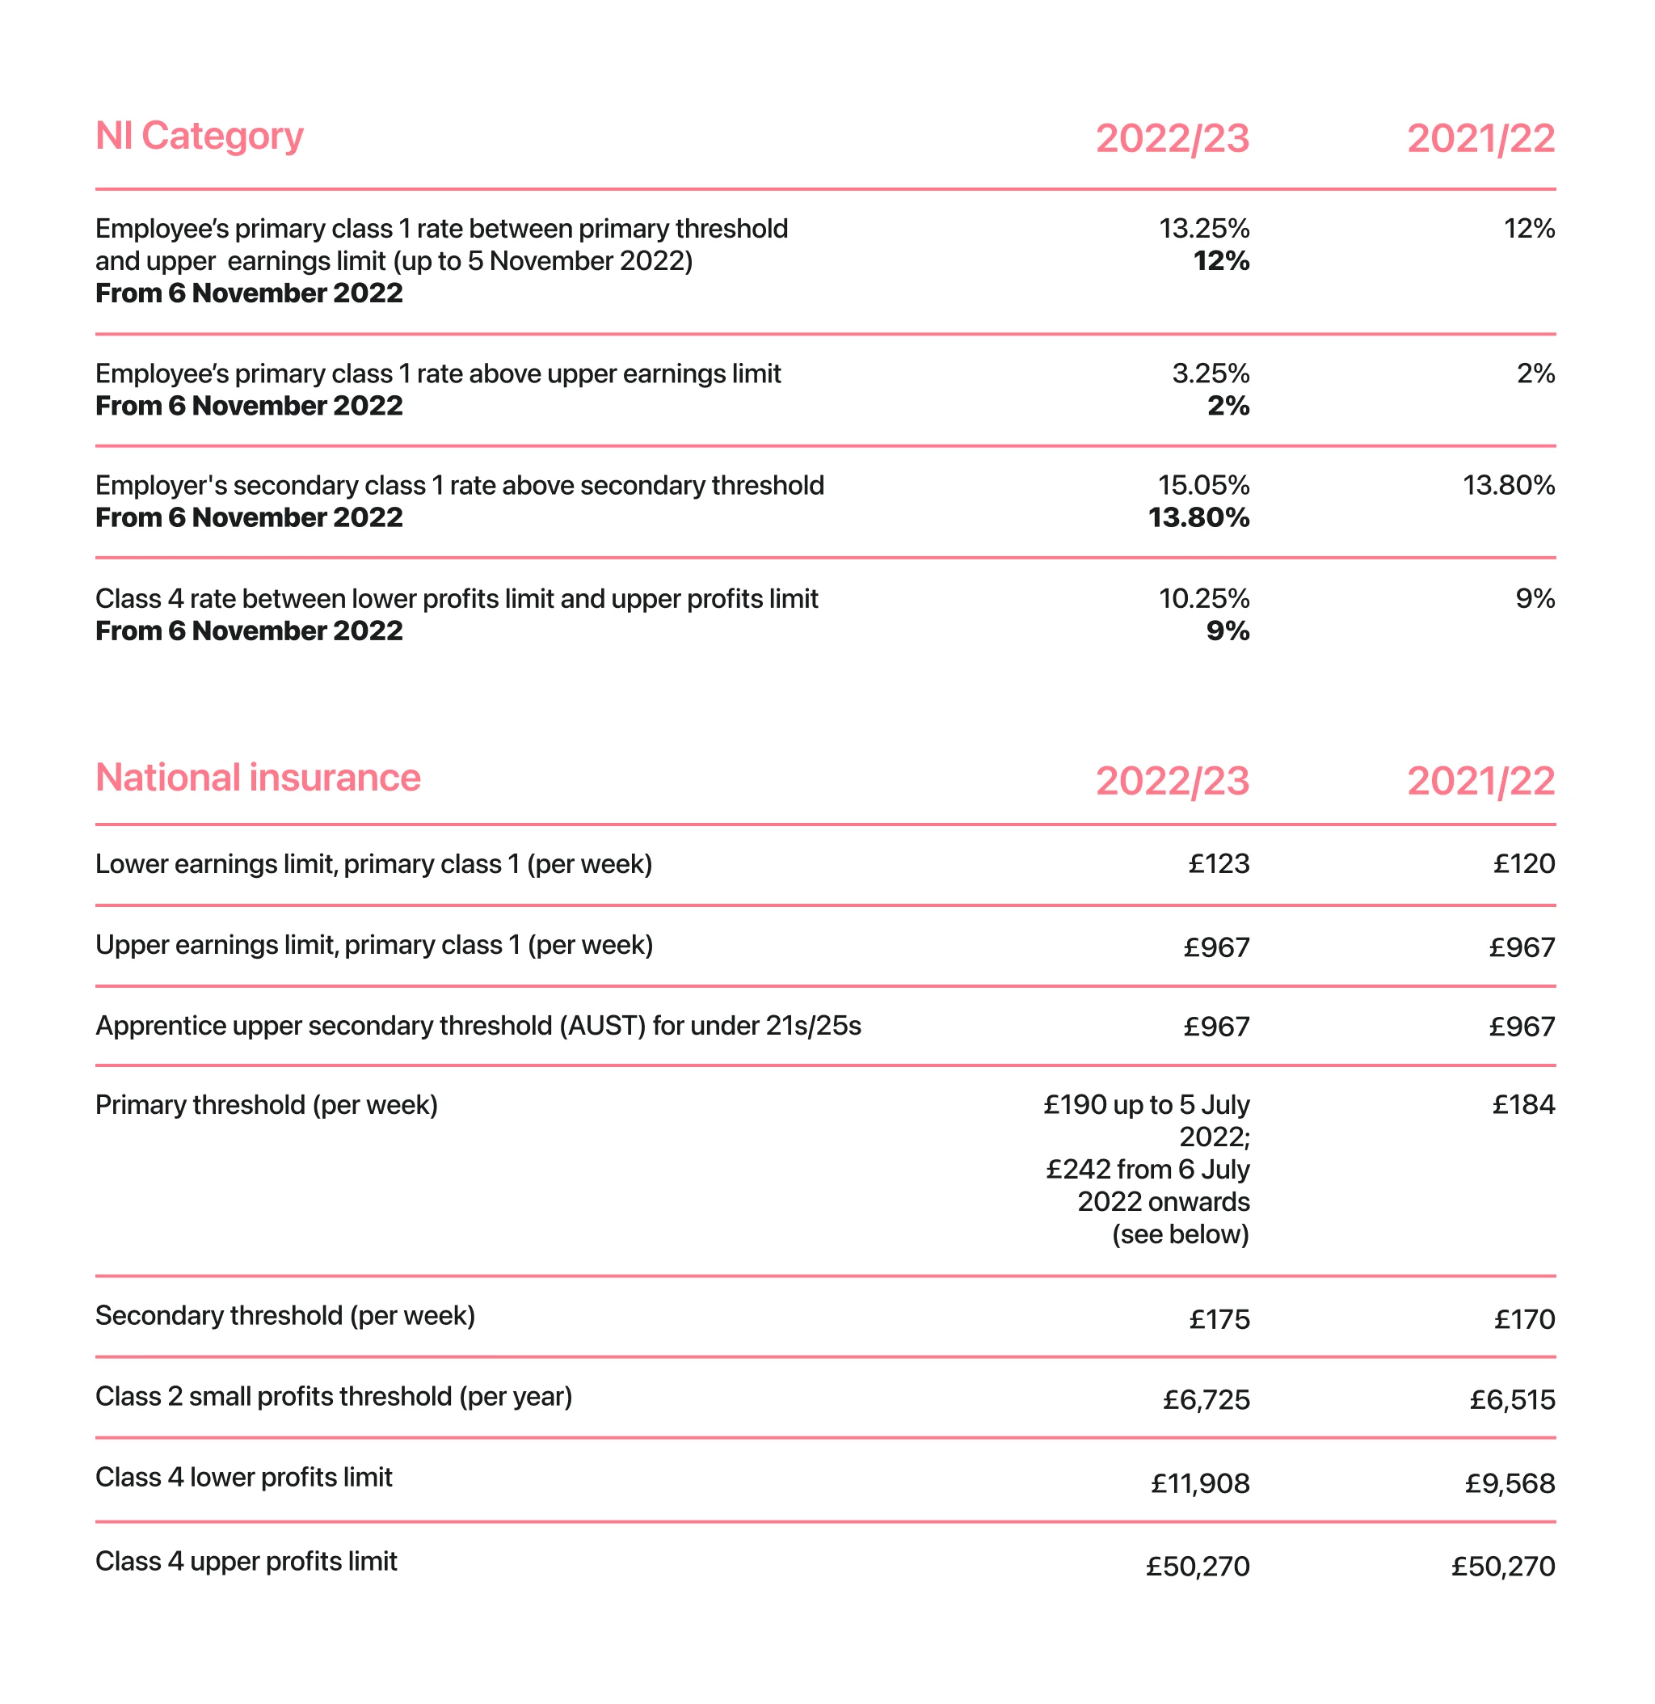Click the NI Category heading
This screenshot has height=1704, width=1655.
coord(199,137)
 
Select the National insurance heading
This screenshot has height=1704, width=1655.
coord(257,778)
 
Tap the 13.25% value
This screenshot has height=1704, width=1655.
coord(1204,229)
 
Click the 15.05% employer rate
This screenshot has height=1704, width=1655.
coord(1203,485)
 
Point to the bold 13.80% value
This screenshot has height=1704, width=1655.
coord(1198,518)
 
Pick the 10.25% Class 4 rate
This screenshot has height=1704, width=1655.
coord(1204,599)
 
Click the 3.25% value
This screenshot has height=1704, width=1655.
coord(1210,373)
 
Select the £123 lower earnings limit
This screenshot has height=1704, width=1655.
coord(1219,864)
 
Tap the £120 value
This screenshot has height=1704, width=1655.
coord(1524,864)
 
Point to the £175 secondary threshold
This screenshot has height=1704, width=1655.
coord(1219,1320)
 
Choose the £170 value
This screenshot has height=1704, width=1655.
coord(1524,1320)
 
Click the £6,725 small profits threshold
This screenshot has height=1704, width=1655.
coord(1206,1401)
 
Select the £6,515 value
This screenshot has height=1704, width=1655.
coord(1512,1401)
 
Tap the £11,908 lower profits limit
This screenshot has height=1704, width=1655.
coord(1199,1484)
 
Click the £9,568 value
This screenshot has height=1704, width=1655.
coord(1509,1484)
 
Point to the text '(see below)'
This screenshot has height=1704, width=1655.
coord(1180,1234)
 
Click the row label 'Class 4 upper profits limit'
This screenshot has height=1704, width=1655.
coord(246,1562)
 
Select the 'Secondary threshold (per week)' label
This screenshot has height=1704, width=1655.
coord(285,1316)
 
